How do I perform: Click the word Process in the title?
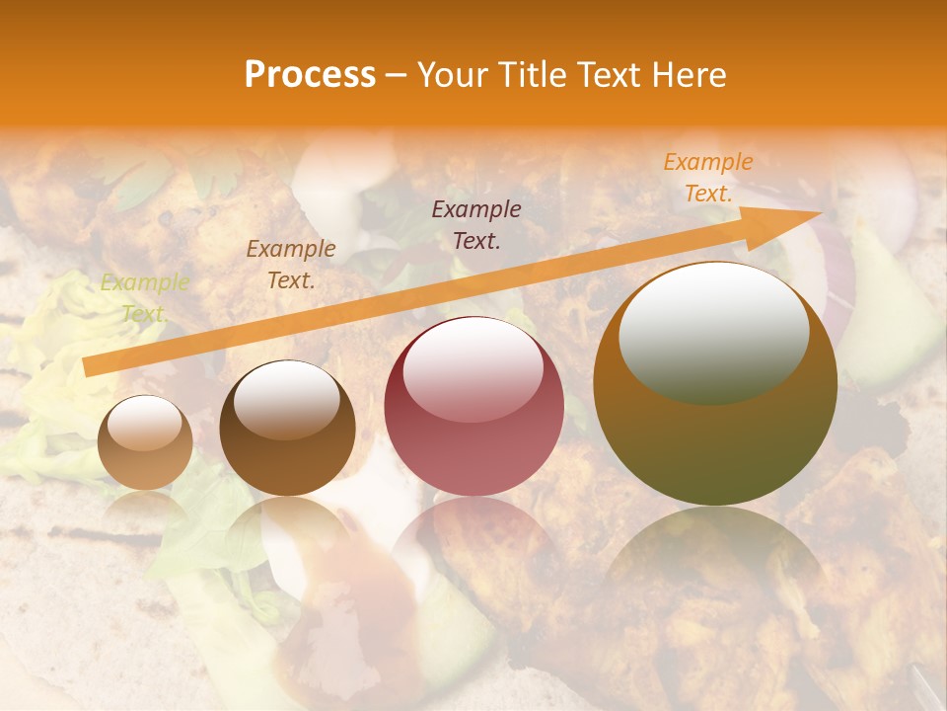click(310, 75)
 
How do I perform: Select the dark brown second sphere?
click(287, 430)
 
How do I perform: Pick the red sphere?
click(473, 407)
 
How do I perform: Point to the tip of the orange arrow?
click(820, 211)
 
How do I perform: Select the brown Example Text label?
click(290, 264)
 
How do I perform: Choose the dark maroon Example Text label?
click(476, 224)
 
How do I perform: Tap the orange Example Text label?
click(707, 178)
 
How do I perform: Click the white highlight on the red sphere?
click(473, 366)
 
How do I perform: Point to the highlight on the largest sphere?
click(713, 333)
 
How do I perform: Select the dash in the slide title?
click(397, 75)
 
